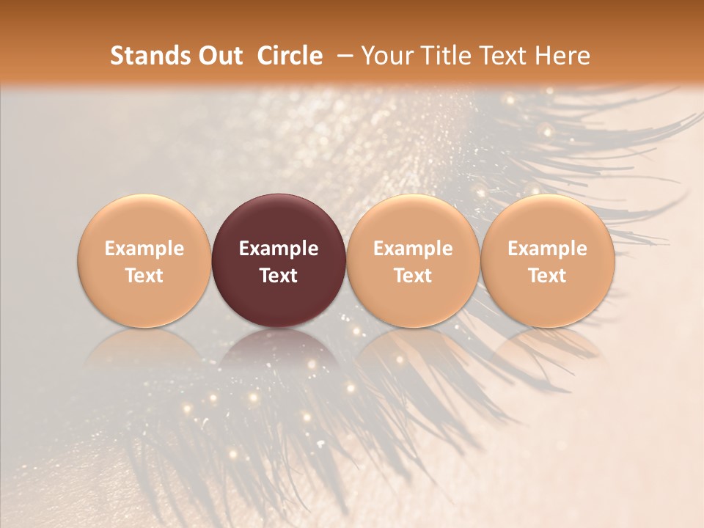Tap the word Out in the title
pos(219,56)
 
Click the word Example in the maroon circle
pos(279,249)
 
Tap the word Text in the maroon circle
pos(279,276)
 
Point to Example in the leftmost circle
pos(144,249)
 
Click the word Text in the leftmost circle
pos(144,276)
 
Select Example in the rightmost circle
pos(548,249)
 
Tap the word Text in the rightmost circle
pos(548,276)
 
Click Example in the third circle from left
pos(413,249)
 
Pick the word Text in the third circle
pos(413,276)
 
